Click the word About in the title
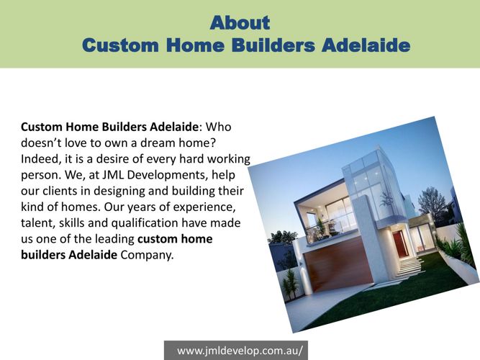(x=240, y=22)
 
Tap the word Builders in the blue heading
(x=273, y=45)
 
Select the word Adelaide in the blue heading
(x=366, y=45)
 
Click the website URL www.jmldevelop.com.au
(x=240, y=351)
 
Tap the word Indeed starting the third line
(x=39, y=159)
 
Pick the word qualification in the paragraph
(x=145, y=223)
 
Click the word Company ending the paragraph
(x=148, y=255)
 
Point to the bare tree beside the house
(x=433, y=203)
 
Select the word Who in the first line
(x=218, y=127)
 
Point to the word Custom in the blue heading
(x=120, y=45)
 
